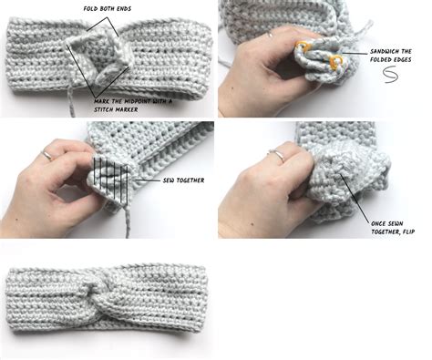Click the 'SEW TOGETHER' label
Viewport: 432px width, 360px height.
(182, 180)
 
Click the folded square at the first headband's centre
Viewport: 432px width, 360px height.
(100, 60)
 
